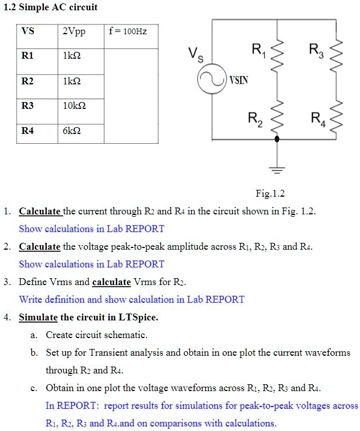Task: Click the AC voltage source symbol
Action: click(212, 79)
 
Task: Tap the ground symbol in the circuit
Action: click(277, 169)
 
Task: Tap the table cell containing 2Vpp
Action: click(74, 31)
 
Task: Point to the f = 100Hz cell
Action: click(127, 31)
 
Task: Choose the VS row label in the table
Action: click(27, 31)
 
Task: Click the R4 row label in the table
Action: click(27, 131)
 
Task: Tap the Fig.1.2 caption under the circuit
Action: click(270, 193)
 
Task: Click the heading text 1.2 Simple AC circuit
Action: click(51, 7)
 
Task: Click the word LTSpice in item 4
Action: click(137, 317)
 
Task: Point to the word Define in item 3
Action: click(33, 282)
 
